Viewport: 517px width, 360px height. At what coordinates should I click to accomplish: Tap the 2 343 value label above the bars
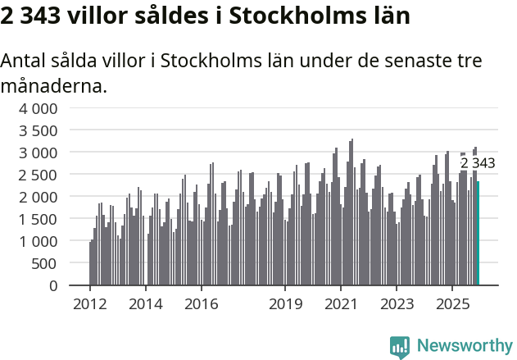tap(478, 163)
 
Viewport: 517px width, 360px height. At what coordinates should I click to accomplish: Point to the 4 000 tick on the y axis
tap(39, 108)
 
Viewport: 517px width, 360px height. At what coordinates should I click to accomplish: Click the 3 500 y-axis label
tap(39, 130)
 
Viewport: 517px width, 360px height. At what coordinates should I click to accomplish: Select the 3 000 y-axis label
tap(39, 153)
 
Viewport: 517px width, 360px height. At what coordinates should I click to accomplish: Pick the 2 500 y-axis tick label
tap(39, 175)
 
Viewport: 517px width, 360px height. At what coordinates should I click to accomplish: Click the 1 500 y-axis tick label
tap(39, 219)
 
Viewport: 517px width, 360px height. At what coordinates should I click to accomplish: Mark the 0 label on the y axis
tap(53, 285)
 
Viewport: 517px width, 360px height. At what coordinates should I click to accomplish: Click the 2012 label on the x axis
tap(89, 304)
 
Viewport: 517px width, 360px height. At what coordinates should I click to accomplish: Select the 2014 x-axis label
tap(145, 304)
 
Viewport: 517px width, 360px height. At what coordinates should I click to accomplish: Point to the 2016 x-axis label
tap(201, 304)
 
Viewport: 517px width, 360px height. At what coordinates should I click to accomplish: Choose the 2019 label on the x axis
tap(284, 304)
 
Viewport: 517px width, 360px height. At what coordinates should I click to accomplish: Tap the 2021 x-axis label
tap(340, 304)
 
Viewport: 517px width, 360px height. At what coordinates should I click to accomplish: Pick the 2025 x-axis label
tap(451, 304)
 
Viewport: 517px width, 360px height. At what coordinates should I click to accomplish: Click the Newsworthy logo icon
tap(400, 347)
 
